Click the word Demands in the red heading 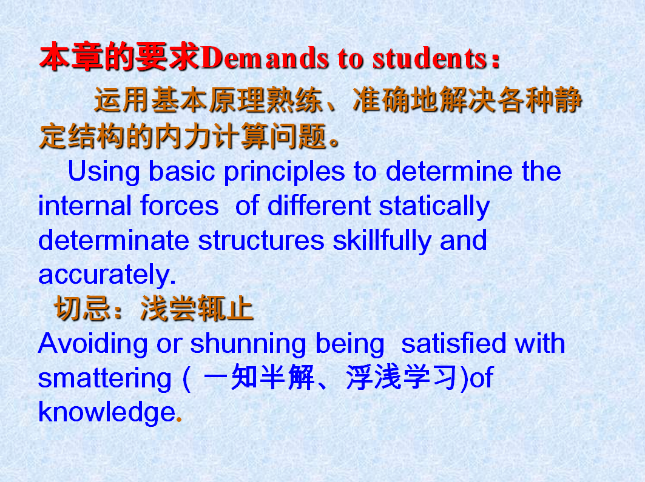265,58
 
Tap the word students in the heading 430,58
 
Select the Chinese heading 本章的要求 120,57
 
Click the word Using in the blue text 104,172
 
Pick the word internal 85,206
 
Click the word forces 180,206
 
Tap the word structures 261,241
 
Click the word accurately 107,275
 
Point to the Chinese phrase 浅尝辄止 197,308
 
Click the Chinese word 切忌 82,308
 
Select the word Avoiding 93,344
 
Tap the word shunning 248,344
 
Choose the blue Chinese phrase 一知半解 259,377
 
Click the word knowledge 107,412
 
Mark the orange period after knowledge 179,420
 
